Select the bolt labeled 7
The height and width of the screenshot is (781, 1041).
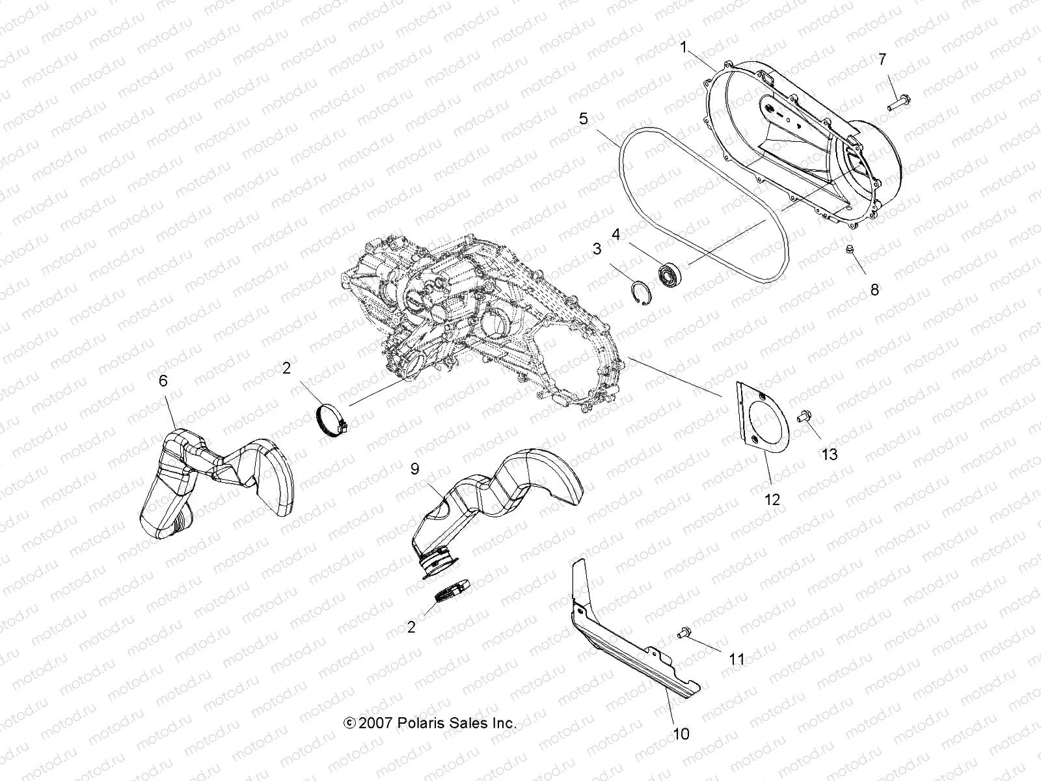pyautogui.click(x=897, y=101)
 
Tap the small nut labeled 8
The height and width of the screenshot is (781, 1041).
pyautogui.click(x=850, y=250)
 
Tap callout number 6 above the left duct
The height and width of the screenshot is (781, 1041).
pyautogui.click(x=163, y=381)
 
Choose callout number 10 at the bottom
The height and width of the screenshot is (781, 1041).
pyautogui.click(x=681, y=734)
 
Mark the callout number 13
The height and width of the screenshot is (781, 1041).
pyautogui.click(x=830, y=454)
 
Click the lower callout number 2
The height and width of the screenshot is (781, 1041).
pyautogui.click(x=411, y=627)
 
